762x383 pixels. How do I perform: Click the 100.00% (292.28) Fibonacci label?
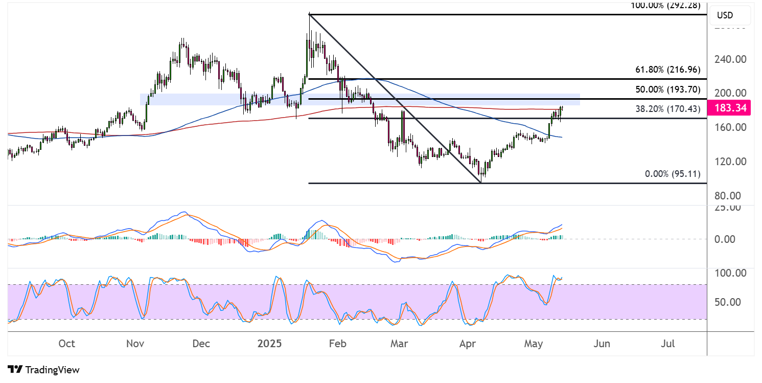665,6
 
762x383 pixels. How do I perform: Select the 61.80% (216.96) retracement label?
667,70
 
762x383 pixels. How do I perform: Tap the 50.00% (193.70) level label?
667,89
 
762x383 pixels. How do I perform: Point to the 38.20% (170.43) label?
667,109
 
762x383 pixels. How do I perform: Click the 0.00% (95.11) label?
673,174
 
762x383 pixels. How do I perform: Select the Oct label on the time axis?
67,344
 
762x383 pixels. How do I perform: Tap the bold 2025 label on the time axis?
269,344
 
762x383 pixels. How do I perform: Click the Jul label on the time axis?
667,344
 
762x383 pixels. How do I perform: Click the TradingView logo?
44,369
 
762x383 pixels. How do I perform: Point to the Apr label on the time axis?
468,344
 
